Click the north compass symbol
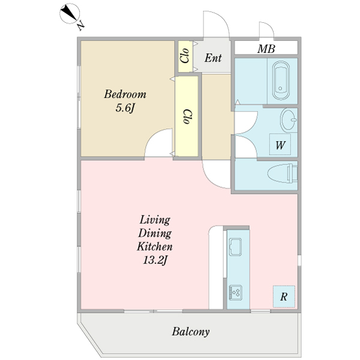tap(70, 14)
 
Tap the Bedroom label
tap(125, 94)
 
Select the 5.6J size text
tap(125, 107)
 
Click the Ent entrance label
tap(213, 58)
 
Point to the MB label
tap(266, 49)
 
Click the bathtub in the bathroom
tap(281, 80)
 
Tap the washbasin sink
tap(289, 119)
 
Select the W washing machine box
tap(280, 145)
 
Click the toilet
tap(283, 173)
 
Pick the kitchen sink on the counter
tap(236, 247)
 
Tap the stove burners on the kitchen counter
tap(236, 293)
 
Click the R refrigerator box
tap(284, 296)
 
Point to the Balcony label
tap(191, 332)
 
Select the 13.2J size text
tap(155, 260)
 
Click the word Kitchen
tap(155, 247)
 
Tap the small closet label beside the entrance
tap(185, 56)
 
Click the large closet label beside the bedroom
tap(188, 116)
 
